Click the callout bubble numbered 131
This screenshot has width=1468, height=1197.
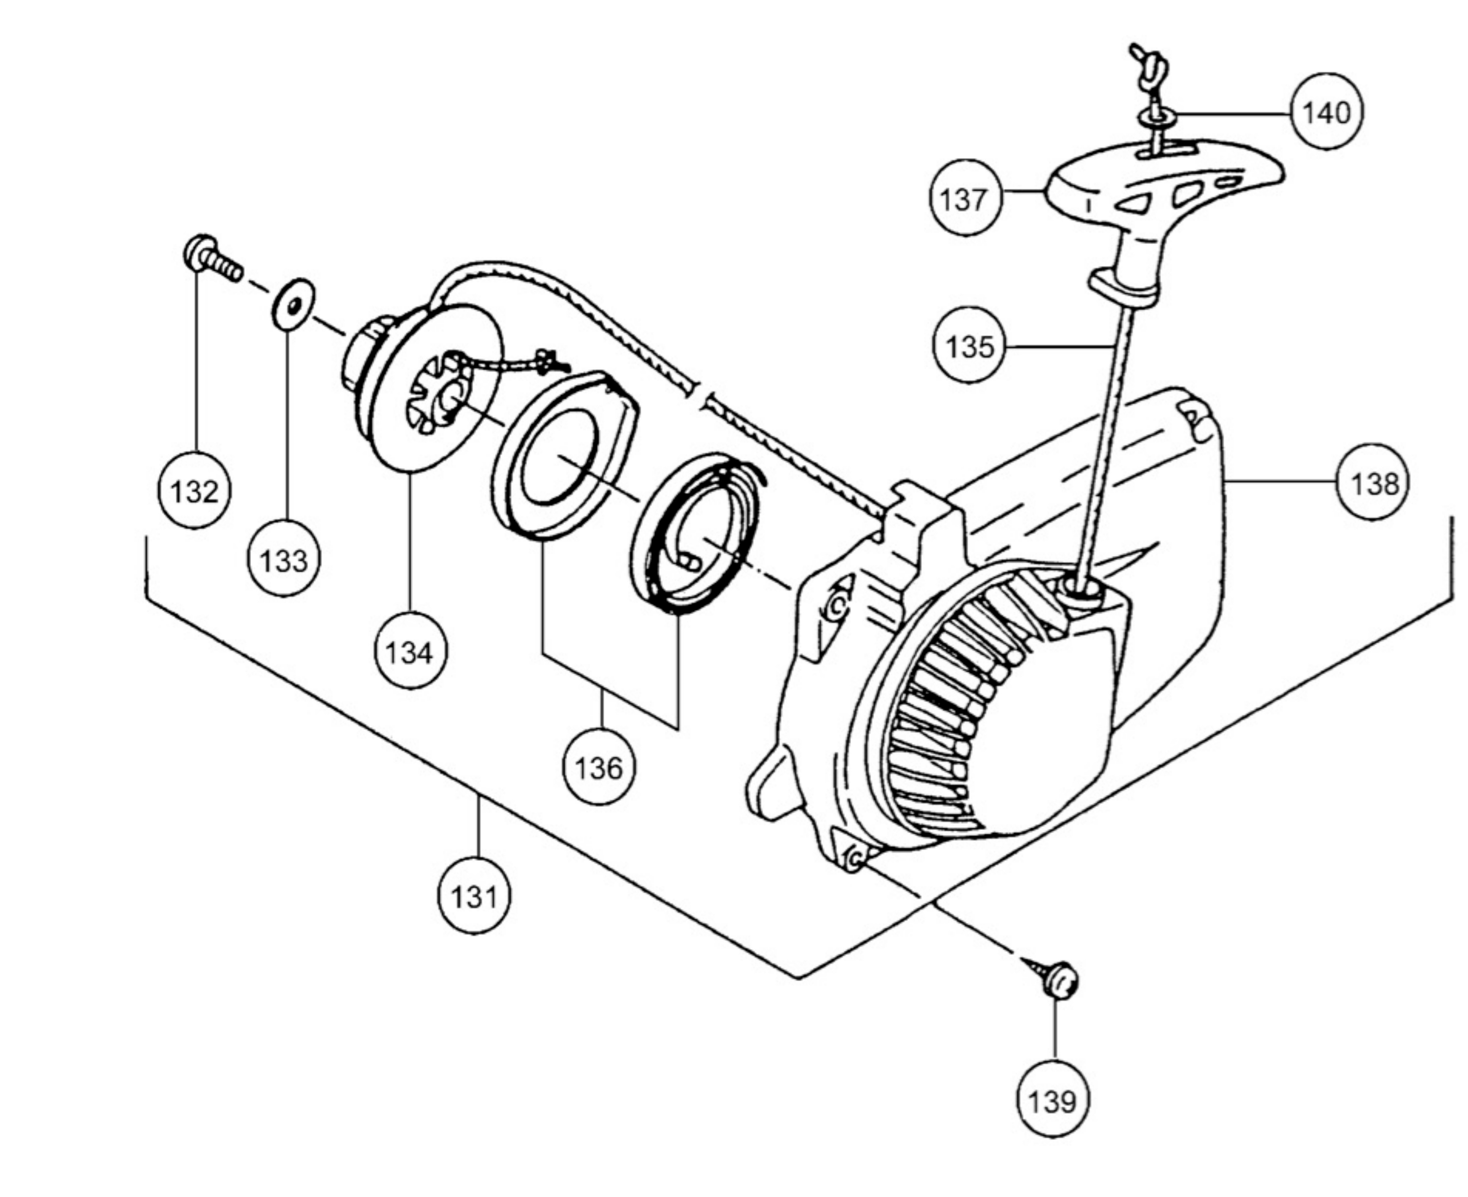click(475, 896)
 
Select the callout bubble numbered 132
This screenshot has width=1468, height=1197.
click(195, 491)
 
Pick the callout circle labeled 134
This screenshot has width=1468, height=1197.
click(411, 651)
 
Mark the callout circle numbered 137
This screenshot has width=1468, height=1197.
click(964, 199)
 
